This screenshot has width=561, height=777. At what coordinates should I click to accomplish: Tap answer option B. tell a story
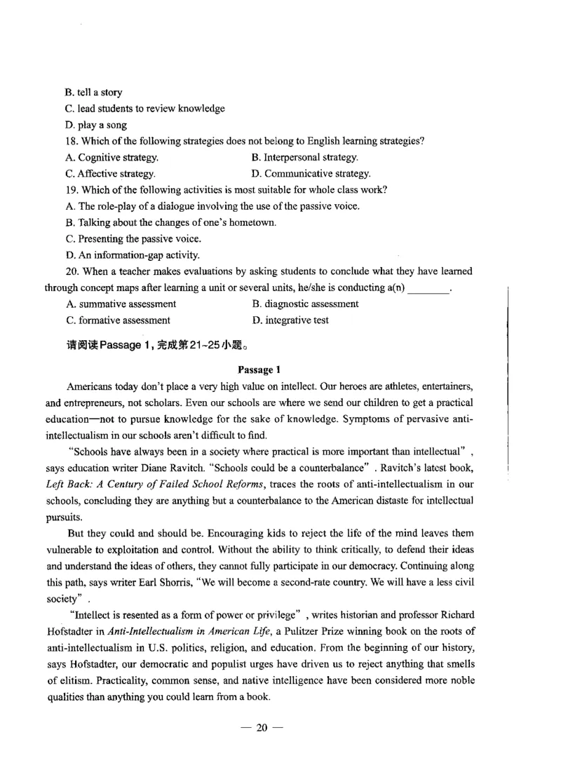[94, 92]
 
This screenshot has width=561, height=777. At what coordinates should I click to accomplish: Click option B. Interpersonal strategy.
[305, 157]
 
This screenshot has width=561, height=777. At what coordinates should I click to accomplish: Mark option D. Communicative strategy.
[311, 173]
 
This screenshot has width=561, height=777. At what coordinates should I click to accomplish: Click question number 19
[73, 189]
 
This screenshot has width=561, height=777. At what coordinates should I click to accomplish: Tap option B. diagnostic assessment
[305, 304]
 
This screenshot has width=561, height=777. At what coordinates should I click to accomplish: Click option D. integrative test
[290, 320]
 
